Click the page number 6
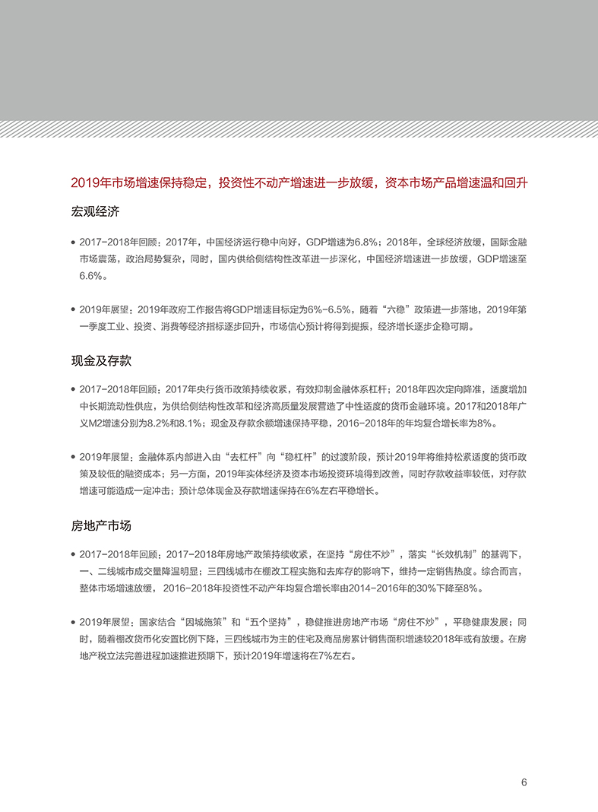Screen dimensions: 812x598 pos(524,782)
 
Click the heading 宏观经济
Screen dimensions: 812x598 pos(95,211)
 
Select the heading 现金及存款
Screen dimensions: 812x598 pos(101,360)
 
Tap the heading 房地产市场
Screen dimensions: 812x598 pos(101,525)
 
